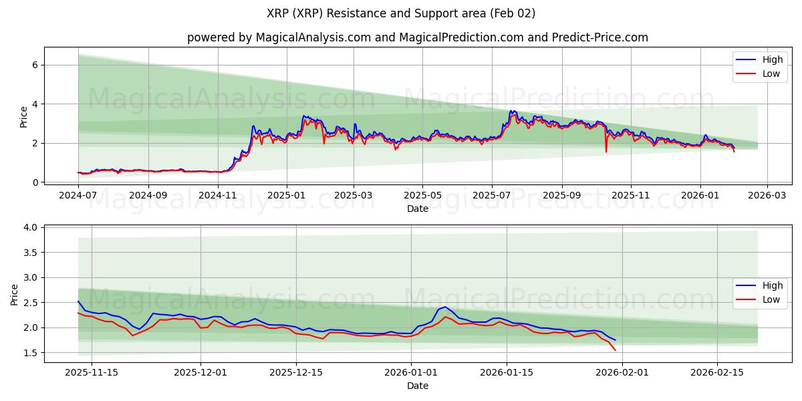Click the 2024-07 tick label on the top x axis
(78, 195)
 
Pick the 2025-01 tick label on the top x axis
(287, 195)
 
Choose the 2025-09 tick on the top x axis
(561, 195)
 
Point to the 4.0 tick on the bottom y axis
(31, 228)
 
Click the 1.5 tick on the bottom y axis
(31, 353)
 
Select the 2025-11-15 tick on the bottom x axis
(92, 373)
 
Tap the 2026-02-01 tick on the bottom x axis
(622, 373)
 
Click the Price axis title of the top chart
(23, 117)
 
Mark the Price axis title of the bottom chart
(15, 294)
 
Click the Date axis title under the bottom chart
(417, 386)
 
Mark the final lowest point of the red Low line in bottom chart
(615, 350)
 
